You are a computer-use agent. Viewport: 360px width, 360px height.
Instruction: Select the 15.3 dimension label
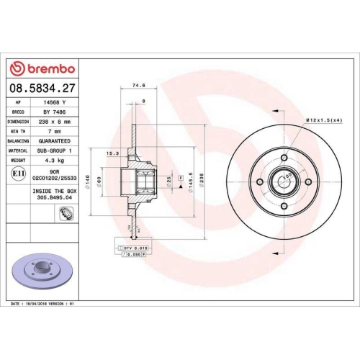tap(112, 153)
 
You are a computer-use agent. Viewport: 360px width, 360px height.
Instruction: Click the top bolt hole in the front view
tap(284, 153)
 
